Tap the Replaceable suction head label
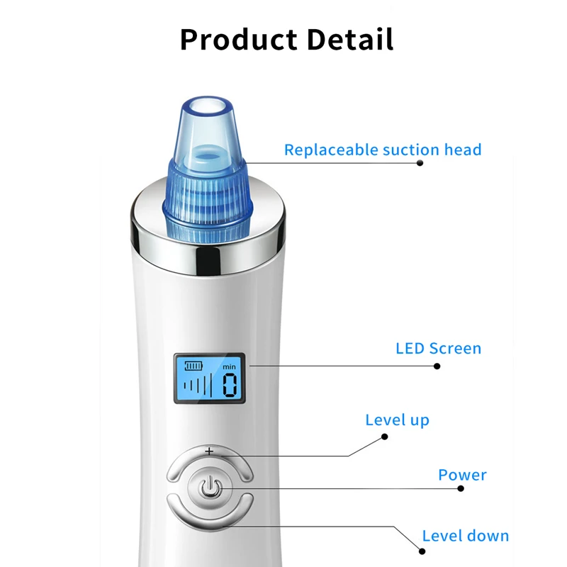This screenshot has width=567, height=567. coord(383,150)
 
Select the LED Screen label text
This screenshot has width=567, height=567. coord(438,348)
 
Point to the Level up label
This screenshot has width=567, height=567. coord(397,420)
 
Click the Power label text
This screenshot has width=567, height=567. coord(462,474)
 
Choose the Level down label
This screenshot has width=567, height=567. coord(465,535)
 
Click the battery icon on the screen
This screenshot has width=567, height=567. coord(193,366)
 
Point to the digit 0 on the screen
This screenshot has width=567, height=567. coord(230,386)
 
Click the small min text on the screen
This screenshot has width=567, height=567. coord(229,366)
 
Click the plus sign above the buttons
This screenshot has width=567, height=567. coord(209,451)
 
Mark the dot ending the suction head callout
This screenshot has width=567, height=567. coord(420,163)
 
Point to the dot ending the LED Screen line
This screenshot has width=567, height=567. coord(437,366)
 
